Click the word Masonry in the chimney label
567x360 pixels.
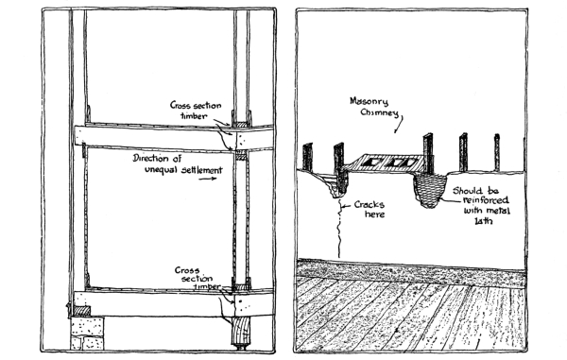pos(369,101)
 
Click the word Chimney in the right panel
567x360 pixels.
pos(379,113)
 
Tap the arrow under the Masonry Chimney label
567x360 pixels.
pos(399,124)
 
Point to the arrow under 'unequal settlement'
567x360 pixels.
pos(209,179)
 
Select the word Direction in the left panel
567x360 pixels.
pos(150,159)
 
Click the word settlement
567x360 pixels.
pos(202,169)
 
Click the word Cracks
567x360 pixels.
pos(369,205)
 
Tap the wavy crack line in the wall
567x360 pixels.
pos(339,229)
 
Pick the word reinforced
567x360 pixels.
pos(486,200)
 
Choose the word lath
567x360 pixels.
pos(483,220)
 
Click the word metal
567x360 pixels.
pos(498,211)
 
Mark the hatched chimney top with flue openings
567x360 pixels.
pos(384,163)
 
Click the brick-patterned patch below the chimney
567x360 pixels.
pos(429,190)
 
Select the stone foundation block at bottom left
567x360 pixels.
pos(87,333)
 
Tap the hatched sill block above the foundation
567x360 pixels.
pos(81,311)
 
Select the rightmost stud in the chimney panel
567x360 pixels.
pos(497,152)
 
